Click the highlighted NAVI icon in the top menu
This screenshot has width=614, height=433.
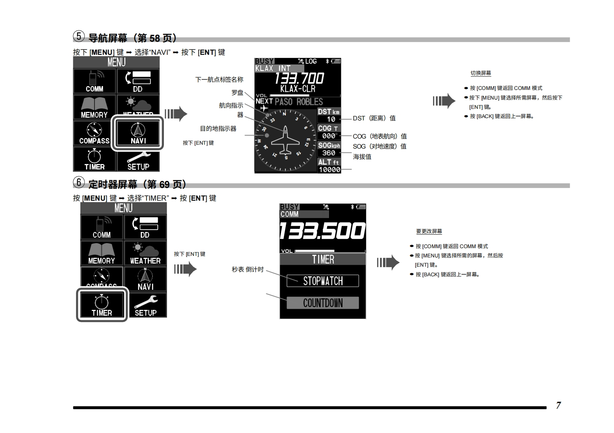(x=138, y=133)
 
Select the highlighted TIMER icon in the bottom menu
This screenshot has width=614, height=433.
(x=102, y=304)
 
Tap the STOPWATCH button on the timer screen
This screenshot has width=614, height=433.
(x=323, y=281)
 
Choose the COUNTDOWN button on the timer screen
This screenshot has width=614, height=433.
(x=323, y=303)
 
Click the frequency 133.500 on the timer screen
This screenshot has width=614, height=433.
(x=322, y=231)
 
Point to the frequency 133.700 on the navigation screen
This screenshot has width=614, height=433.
(x=299, y=78)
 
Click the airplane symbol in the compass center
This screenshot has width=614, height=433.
(x=285, y=140)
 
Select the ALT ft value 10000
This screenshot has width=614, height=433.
(x=329, y=170)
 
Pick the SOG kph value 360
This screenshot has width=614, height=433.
(x=329, y=153)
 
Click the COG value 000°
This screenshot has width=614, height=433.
(x=329, y=136)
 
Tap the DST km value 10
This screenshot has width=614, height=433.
(x=331, y=119)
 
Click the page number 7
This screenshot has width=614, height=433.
(x=558, y=405)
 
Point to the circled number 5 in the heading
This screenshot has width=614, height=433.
(x=79, y=36)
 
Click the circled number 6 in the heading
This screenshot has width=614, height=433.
(x=79, y=182)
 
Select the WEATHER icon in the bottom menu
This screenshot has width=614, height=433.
(x=145, y=253)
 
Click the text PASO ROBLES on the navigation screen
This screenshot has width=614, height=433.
(x=299, y=102)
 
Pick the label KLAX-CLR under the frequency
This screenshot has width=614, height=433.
(x=298, y=89)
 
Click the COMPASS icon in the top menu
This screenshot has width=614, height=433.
(x=94, y=133)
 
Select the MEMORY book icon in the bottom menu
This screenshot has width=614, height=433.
(x=101, y=253)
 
